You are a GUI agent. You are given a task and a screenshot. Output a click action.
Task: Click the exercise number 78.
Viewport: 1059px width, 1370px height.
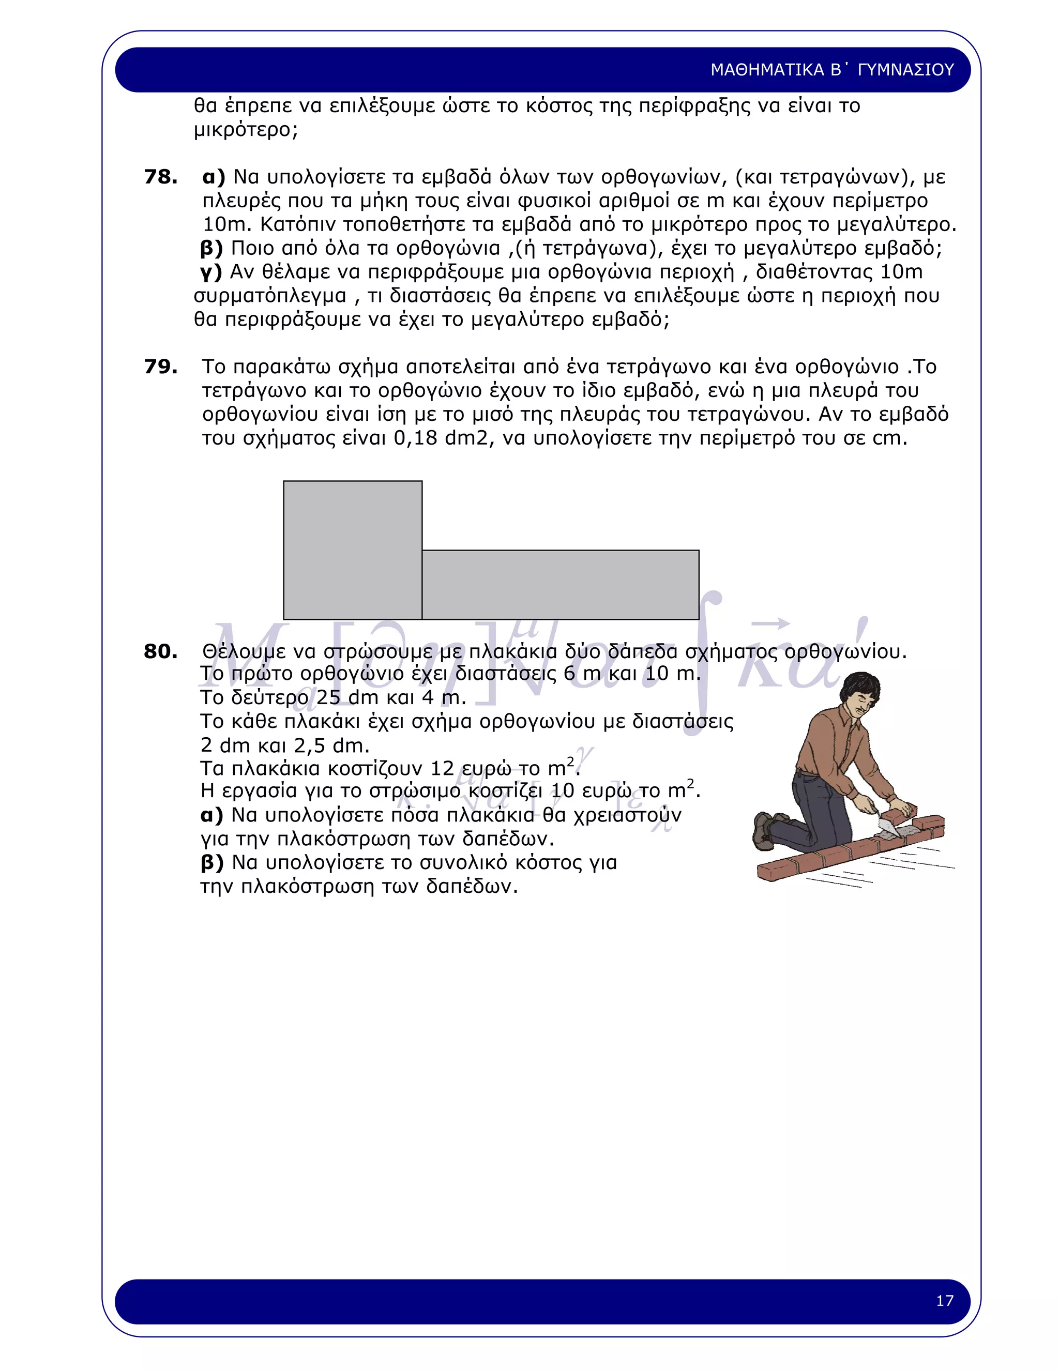[161, 177]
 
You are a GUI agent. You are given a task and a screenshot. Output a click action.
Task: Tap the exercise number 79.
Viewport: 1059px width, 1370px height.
[161, 367]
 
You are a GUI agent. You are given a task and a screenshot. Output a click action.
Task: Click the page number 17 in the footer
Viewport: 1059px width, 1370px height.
[944, 1300]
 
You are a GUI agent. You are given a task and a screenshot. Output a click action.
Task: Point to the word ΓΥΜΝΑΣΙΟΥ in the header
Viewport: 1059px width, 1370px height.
[905, 70]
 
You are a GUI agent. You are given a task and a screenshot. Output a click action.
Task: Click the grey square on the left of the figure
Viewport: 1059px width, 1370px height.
[353, 550]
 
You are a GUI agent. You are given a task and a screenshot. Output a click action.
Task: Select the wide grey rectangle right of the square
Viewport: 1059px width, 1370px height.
[560, 585]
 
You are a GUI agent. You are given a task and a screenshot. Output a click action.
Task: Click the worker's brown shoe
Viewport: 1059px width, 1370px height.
[764, 831]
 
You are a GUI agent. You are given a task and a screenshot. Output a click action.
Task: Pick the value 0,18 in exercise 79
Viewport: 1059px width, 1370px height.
[415, 438]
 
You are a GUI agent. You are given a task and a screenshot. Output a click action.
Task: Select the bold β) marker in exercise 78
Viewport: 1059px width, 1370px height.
[211, 248]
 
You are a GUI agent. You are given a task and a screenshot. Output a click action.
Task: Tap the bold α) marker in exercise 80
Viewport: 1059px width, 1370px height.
[212, 815]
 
